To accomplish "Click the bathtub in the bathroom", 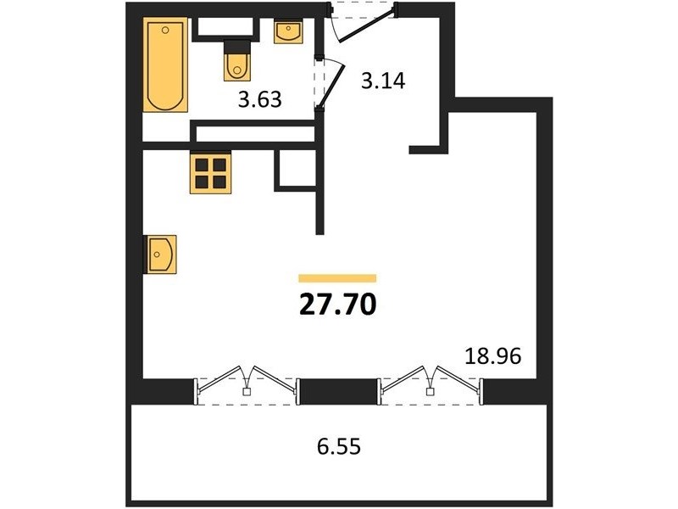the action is click(165, 64).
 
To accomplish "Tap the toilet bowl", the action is click(237, 67).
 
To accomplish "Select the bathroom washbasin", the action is click(288, 32).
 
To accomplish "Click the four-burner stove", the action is click(210, 173).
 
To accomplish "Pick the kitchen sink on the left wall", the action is click(161, 255).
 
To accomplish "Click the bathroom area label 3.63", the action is click(260, 99).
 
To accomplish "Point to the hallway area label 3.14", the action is click(383, 81).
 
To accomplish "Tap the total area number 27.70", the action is click(337, 305).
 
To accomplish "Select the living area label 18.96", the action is click(493, 356).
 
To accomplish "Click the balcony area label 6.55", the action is click(338, 446).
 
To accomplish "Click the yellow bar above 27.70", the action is click(337, 278).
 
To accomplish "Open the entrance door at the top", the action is click(367, 24).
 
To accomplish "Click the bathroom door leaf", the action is click(331, 85).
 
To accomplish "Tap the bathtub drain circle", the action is click(165, 30).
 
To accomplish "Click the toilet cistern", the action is click(237, 46).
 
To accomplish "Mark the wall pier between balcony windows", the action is click(339, 391).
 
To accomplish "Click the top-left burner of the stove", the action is click(202, 165).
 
